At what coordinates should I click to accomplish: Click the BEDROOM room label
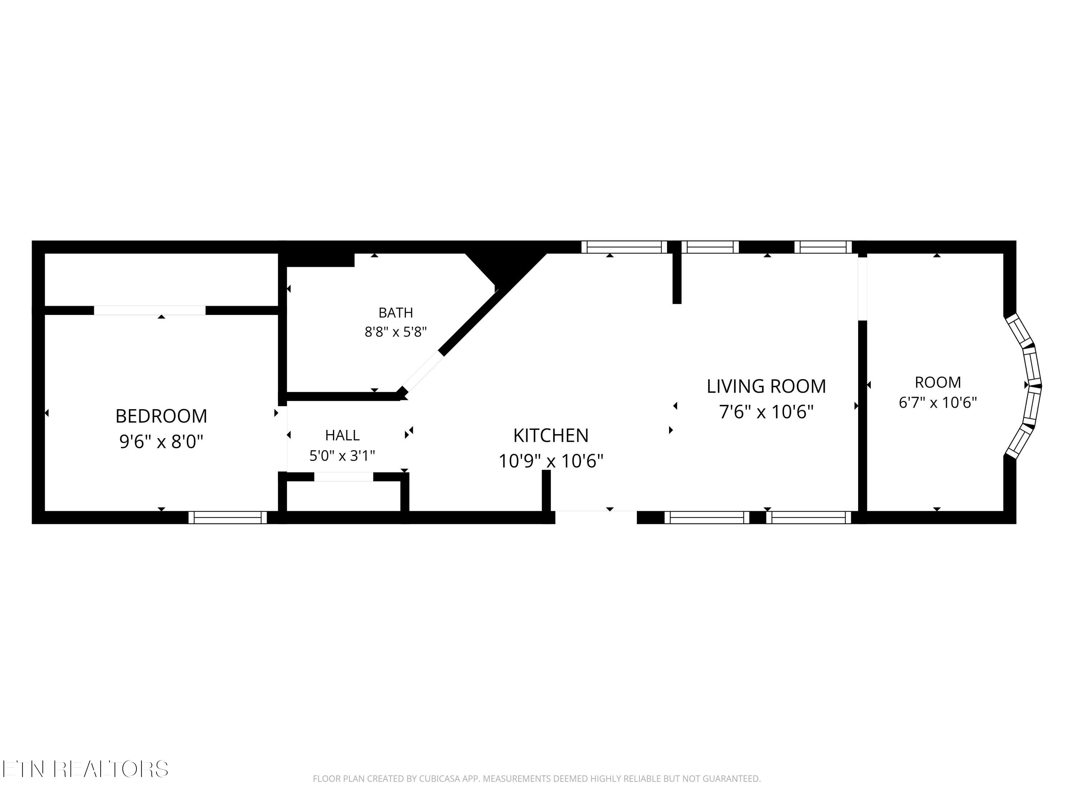[161, 416]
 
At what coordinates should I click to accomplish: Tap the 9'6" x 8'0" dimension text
[161, 442]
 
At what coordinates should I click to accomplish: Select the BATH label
[396, 312]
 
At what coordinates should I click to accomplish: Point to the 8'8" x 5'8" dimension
[396, 332]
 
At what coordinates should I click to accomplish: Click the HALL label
[342, 435]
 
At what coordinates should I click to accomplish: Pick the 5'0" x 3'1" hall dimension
[342, 456]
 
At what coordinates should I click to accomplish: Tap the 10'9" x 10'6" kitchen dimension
[551, 461]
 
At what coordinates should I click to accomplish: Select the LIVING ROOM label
[766, 386]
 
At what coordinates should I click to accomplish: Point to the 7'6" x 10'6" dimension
[766, 412]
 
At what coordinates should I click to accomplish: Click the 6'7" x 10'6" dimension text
[938, 402]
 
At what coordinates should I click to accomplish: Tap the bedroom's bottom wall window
[228, 517]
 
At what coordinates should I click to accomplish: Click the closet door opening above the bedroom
[150, 311]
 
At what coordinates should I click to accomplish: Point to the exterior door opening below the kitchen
[596, 517]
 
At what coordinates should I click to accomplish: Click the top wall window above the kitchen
[624, 247]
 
